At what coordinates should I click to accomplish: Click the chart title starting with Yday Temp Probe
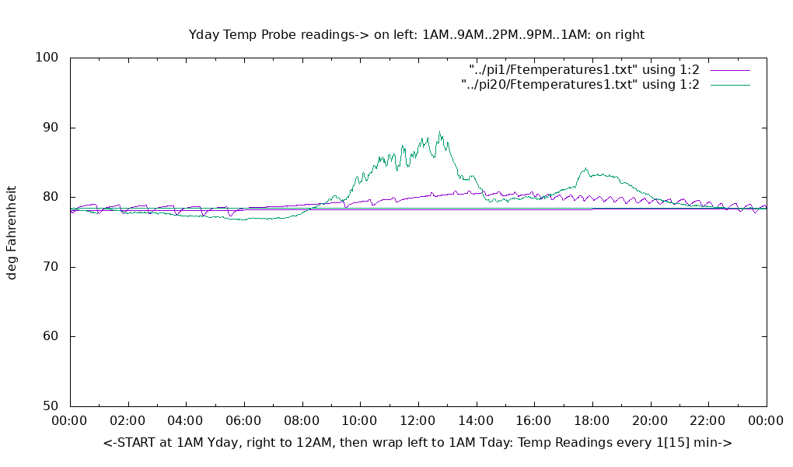pos(417,34)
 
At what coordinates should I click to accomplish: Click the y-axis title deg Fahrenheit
pos(12,232)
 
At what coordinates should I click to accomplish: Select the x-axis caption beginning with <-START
pos(417,442)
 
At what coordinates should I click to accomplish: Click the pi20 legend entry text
pos(580,85)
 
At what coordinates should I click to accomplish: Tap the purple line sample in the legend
pos(730,70)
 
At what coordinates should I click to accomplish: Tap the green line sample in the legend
pos(730,85)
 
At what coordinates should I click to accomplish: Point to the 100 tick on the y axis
pos(47,58)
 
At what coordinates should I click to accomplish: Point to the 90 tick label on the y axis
pos(51,128)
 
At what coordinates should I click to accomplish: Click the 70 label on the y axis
pos(51,267)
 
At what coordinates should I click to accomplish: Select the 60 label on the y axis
pos(51,336)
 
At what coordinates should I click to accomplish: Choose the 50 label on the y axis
pos(51,406)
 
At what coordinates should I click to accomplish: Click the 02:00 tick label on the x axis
pos(128,421)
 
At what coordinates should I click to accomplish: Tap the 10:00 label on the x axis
pos(360,421)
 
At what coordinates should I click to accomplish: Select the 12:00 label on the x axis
pos(418,421)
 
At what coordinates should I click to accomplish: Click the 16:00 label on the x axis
pos(534,421)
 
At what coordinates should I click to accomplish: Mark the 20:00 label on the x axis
pos(650,421)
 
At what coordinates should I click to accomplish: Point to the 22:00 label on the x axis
pos(708,421)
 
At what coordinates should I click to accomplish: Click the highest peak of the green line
pos(439,132)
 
